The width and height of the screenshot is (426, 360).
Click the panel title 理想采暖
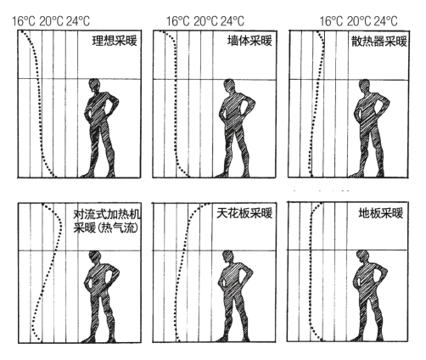coord(115,41)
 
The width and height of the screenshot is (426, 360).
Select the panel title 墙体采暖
coord(249,41)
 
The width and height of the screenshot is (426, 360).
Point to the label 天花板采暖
coord(244,213)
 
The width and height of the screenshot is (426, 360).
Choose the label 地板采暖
coord(381,213)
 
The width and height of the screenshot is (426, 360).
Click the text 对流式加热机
coord(107,215)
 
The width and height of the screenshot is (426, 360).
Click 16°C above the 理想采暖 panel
coord(24,21)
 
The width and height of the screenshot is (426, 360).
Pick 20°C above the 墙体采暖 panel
coord(205,21)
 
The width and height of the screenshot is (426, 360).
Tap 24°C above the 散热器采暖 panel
coord(385,21)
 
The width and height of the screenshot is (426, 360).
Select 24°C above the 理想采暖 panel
coord(78,21)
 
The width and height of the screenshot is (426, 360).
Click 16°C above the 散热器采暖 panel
coord(331,21)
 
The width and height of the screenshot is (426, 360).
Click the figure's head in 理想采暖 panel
coord(94,86)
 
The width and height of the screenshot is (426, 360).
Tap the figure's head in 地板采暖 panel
coord(363,257)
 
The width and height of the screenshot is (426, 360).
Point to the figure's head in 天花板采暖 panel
coord(228,257)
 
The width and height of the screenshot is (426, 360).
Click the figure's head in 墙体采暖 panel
coord(229,86)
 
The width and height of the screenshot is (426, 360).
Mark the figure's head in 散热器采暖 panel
coord(365,86)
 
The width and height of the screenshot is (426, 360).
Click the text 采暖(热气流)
coord(106,228)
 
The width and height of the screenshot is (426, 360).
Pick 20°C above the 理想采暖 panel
coord(51,21)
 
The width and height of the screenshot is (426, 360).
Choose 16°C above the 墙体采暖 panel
coord(178,21)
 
